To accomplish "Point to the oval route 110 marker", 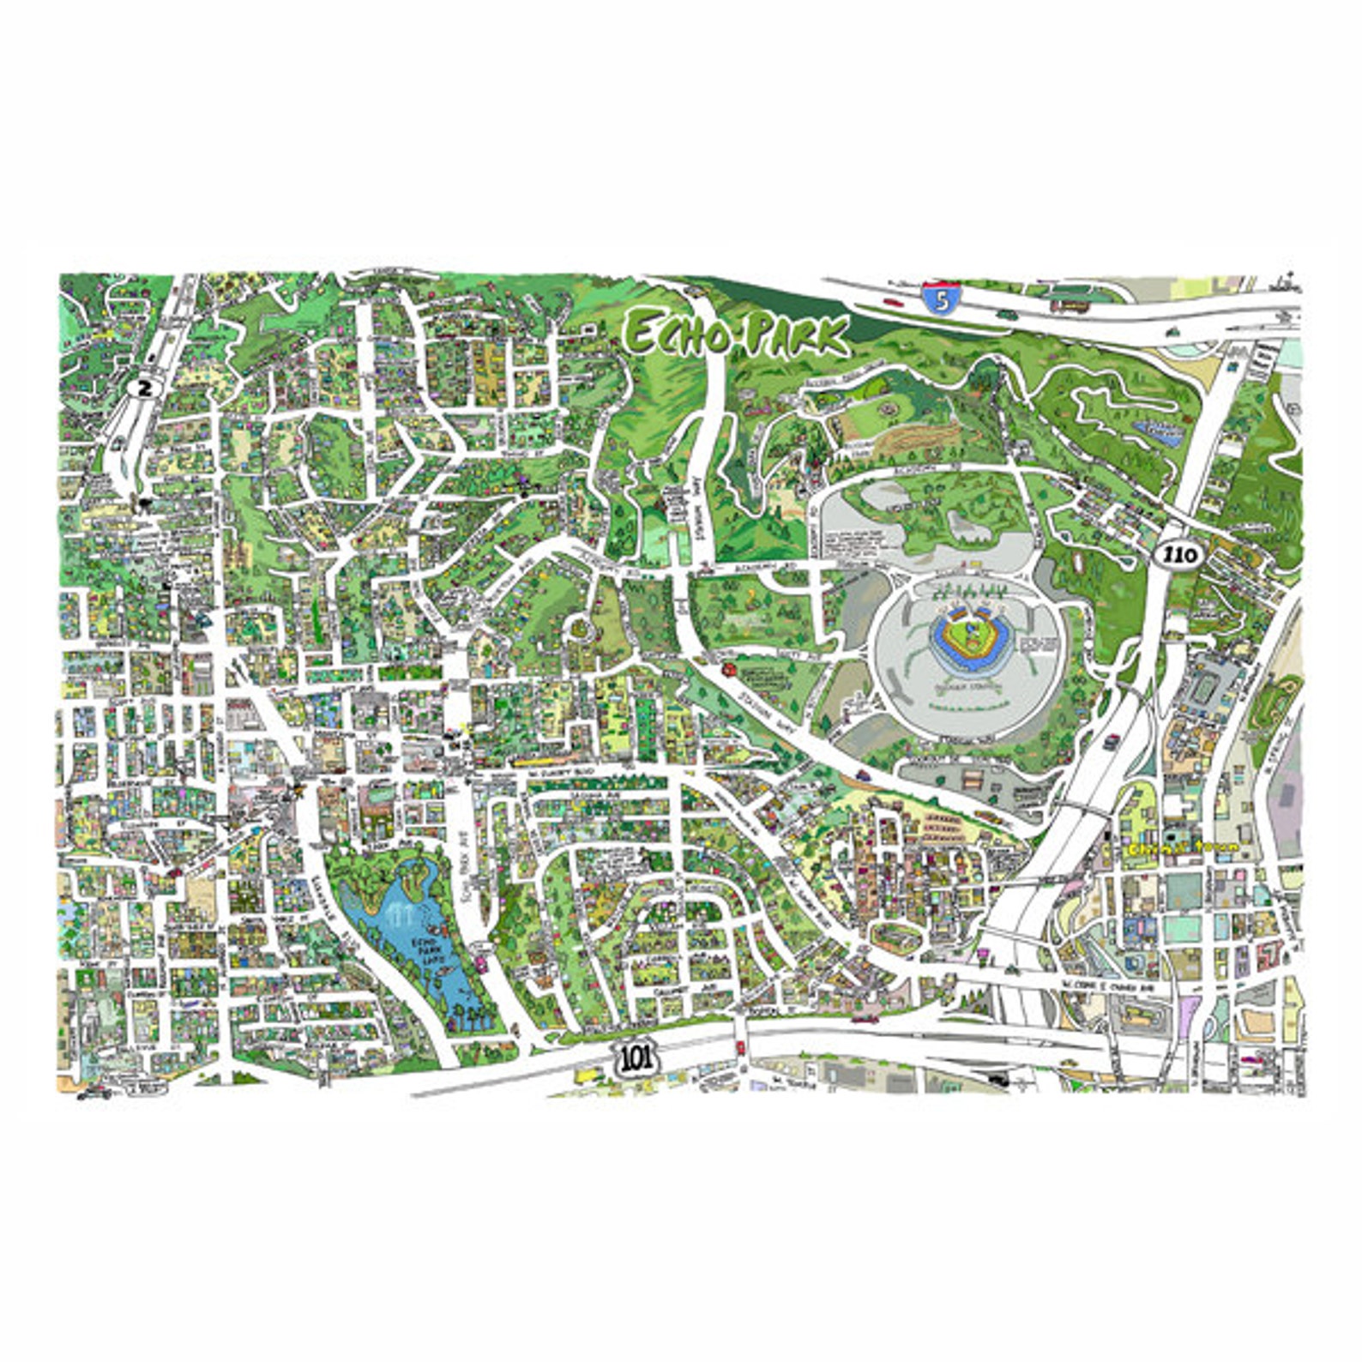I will click(1179, 555).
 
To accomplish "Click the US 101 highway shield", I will click(636, 1058).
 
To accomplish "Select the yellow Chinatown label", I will click(1183, 846).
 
